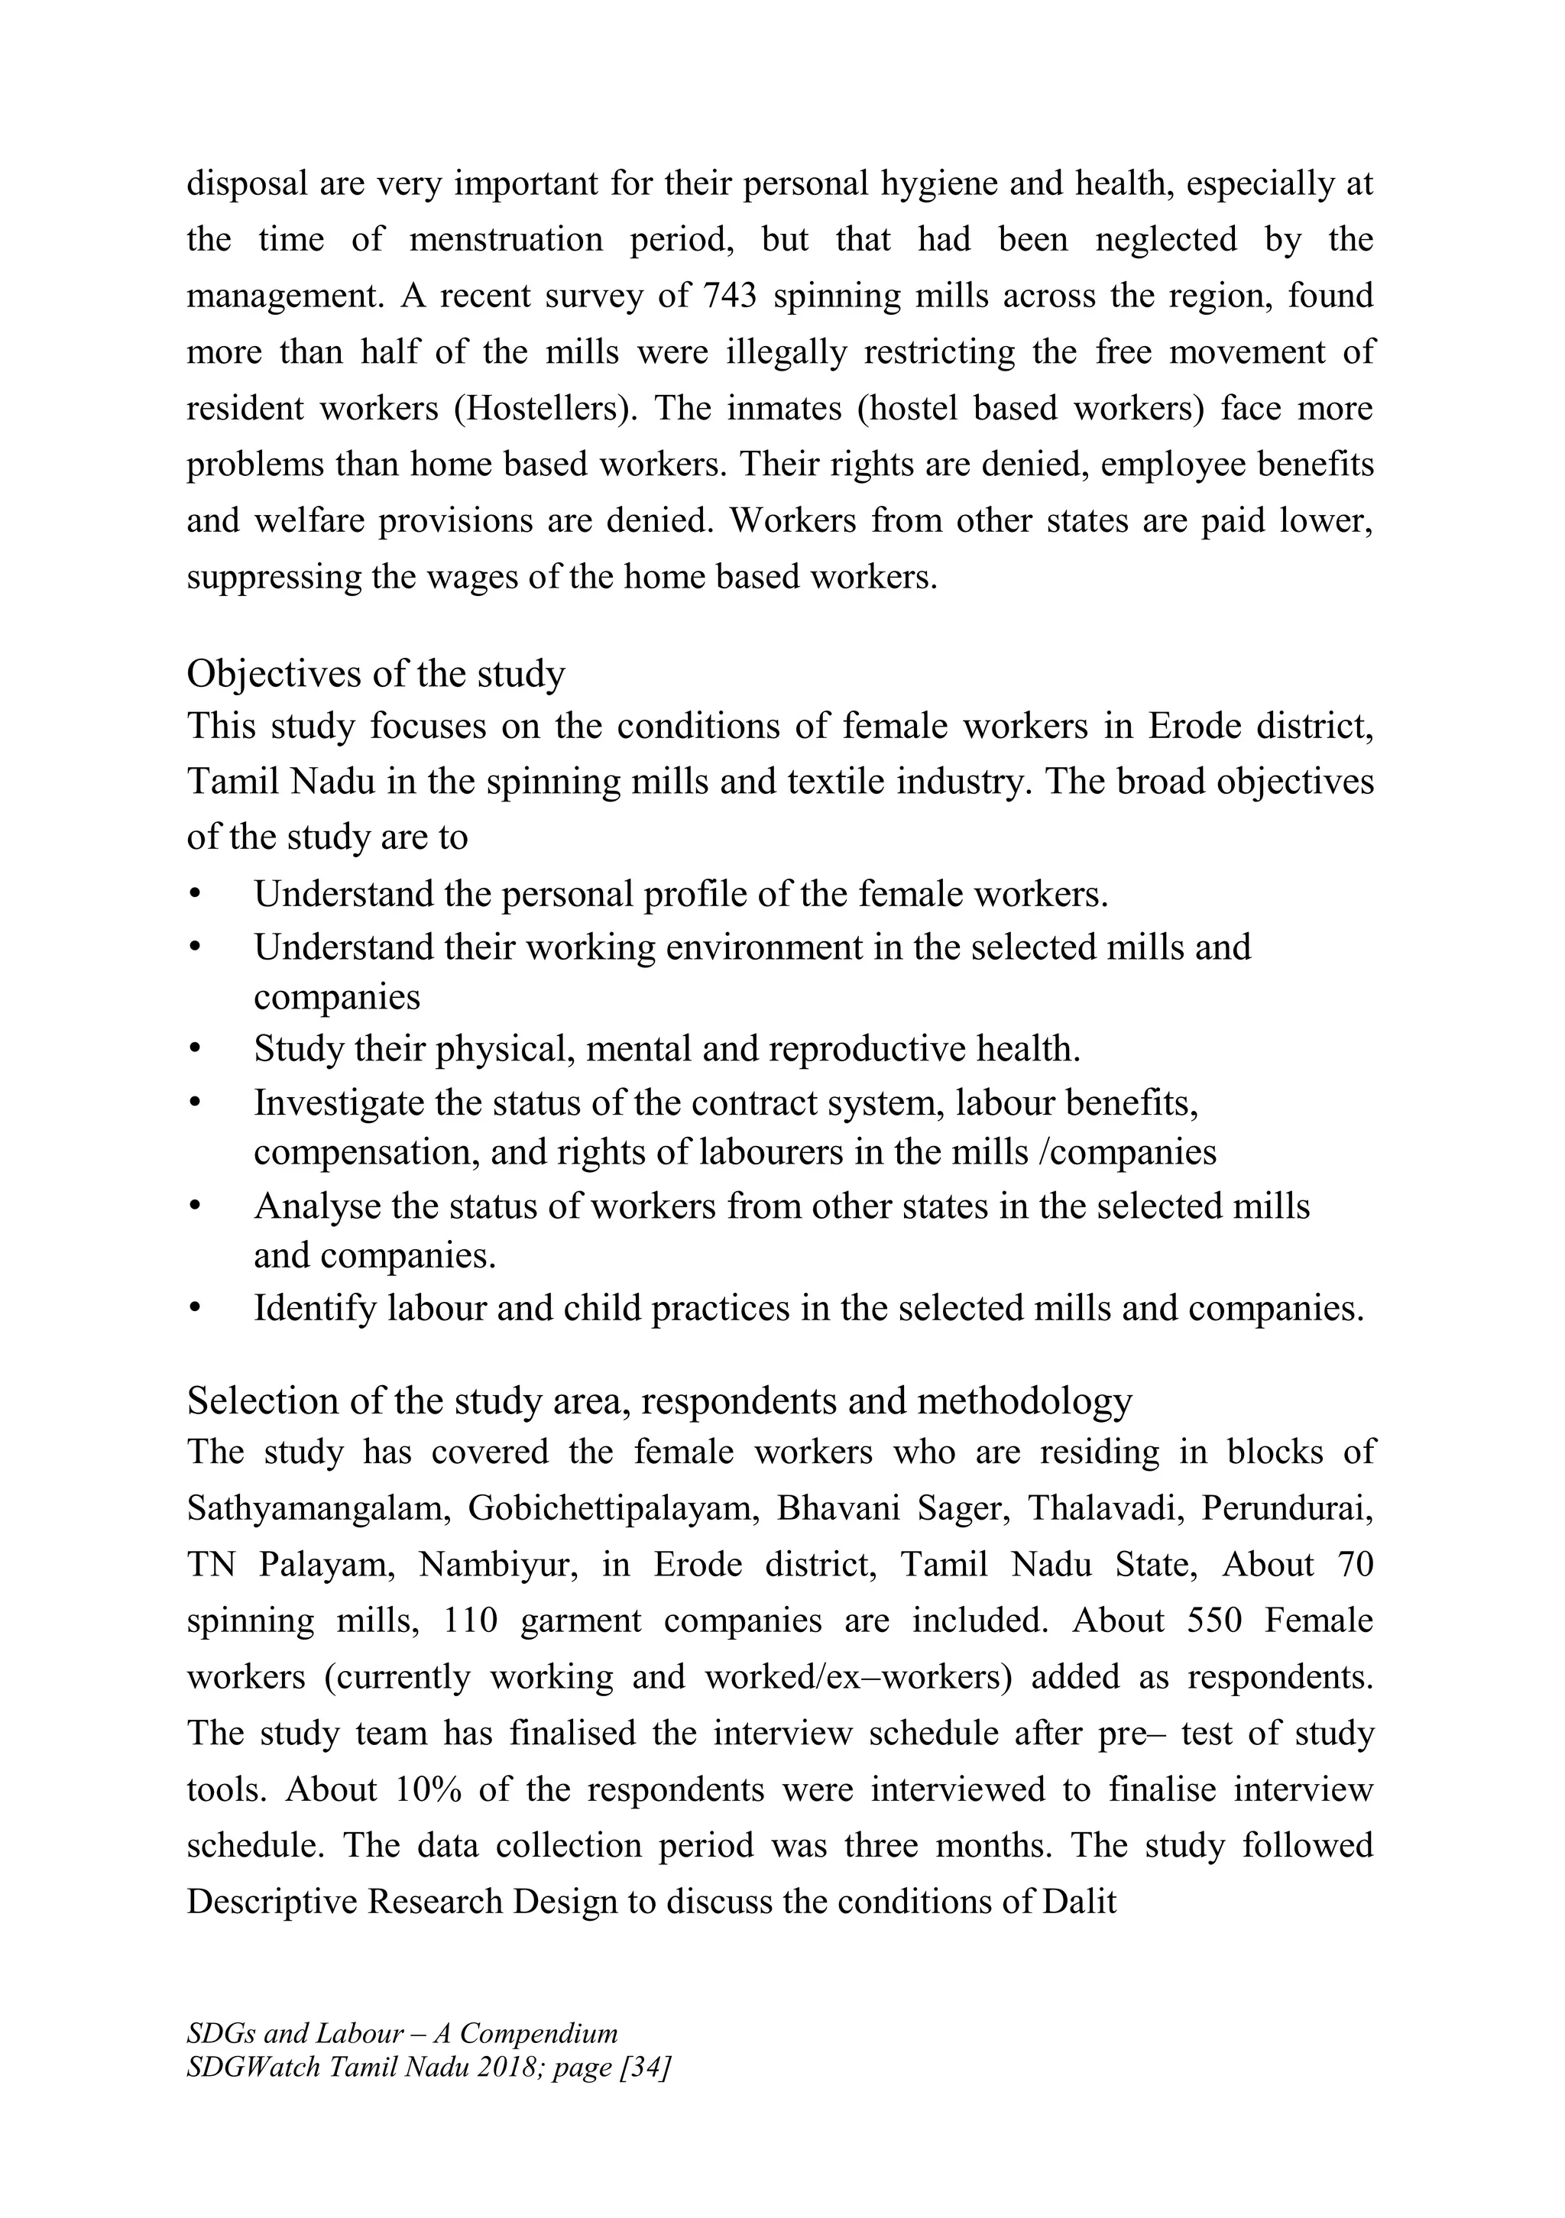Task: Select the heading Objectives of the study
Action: point(376,673)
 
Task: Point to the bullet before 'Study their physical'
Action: point(195,1049)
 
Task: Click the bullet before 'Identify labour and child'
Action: point(195,1308)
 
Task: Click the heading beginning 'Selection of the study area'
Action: point(659,1400)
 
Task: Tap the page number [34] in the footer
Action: point(650,2067)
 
